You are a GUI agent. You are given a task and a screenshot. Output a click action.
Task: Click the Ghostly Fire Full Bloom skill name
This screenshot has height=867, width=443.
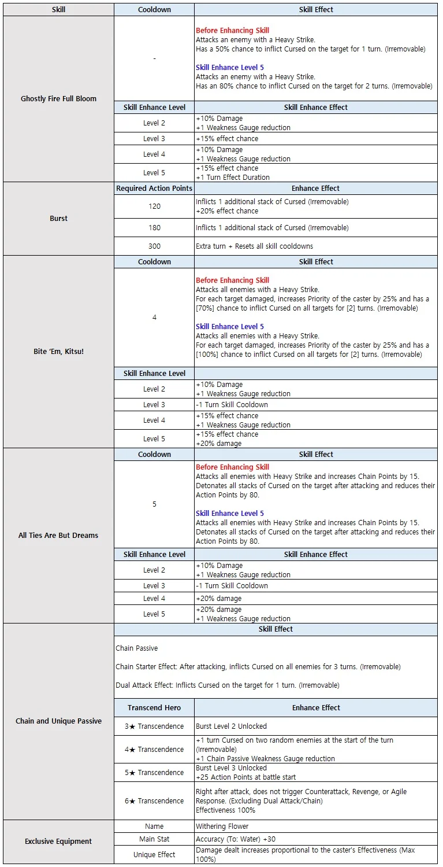point(58,99)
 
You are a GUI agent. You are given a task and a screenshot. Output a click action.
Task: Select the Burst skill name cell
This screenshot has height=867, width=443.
point(58,219)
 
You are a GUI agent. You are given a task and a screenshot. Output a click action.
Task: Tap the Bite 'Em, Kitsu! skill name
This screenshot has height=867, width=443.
point(58,352)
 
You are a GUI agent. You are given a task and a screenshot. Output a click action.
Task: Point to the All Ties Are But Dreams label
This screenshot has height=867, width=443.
point(58,536)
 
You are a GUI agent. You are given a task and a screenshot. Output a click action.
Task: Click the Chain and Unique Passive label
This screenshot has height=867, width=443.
point(58,721)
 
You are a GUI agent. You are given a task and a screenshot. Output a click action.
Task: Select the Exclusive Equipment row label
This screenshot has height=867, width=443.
point(58,842)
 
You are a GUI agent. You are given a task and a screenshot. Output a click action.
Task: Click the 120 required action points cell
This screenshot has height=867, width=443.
point(154,206)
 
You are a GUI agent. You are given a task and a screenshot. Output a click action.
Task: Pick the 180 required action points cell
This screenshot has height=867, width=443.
point(154,228)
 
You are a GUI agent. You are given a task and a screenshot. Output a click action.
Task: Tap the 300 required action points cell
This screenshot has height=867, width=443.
point(154,246)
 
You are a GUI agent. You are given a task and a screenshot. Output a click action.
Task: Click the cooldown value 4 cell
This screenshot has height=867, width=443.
point(154,318)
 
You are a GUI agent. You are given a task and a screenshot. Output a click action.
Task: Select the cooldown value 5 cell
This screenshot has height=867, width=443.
point(154,504)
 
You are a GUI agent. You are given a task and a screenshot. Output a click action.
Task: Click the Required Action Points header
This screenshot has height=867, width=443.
point(154,189)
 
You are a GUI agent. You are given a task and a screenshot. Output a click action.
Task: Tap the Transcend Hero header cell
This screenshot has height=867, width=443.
point(154,708)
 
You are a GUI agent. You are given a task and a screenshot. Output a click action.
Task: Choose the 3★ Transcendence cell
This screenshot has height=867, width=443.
point(154,726)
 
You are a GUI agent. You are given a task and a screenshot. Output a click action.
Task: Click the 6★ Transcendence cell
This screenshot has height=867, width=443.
point(154,801)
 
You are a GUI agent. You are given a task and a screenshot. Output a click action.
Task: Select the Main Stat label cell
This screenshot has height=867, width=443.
point(154,839)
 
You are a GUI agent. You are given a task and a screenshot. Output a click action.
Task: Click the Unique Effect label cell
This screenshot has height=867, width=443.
point(154,855)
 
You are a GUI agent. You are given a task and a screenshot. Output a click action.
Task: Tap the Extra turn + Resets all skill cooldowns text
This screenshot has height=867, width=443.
point(254,246)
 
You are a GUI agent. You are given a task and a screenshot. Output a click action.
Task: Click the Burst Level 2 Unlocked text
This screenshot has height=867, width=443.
point(231,726)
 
